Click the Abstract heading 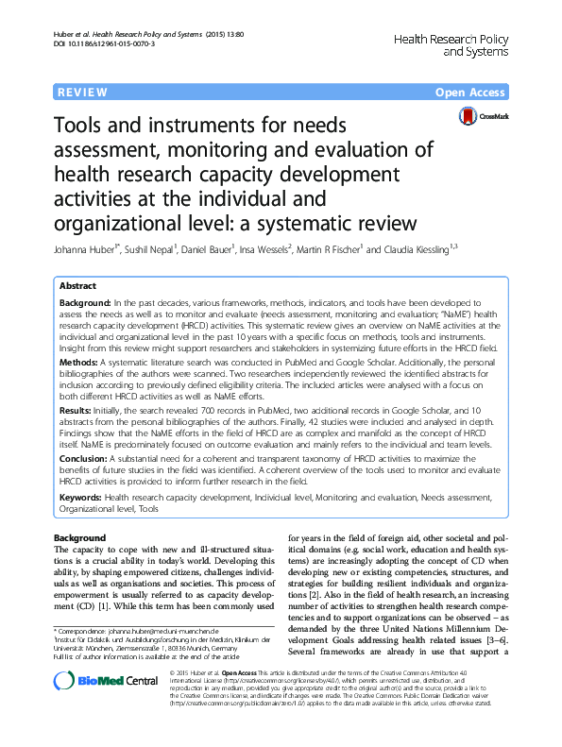click(77, 285)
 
